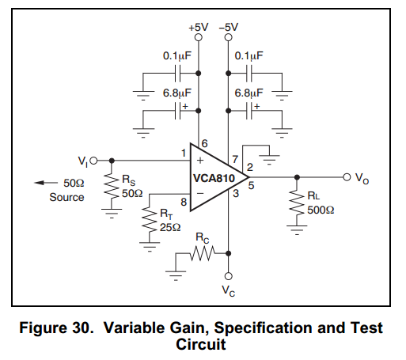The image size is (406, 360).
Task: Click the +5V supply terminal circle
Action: (199, 37)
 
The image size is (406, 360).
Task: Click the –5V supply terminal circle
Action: (229, 37)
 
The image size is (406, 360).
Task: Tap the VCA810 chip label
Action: (214, 178)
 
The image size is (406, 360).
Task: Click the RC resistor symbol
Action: (203, 253)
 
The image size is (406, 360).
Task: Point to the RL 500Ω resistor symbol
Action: (297, 203)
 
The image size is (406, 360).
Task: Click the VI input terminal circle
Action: (93, 161)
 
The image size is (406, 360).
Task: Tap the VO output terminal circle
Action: (347, 177)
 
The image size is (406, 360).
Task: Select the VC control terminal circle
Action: (229, 276)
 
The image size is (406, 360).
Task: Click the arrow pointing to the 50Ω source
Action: (46, 183)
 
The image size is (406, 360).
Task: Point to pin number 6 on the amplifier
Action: (205, 143)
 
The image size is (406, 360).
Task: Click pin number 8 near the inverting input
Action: (184, 202)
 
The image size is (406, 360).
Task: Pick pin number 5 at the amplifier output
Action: (251, 185)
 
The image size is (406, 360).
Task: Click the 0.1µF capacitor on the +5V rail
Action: (178, 74)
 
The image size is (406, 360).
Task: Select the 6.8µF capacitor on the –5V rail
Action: (249, 111)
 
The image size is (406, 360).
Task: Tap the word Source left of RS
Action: (66, 197)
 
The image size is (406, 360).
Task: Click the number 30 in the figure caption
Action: (82, 328)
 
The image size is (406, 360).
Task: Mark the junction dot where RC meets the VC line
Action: (229, 253)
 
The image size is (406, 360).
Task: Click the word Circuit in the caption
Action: (201, 344)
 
